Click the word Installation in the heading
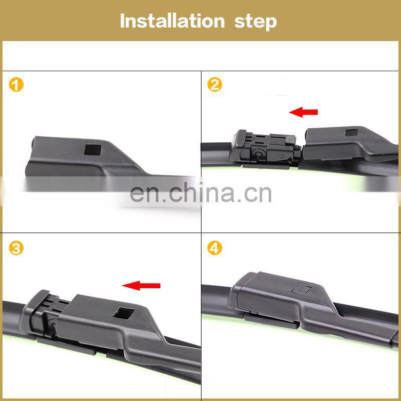(172, 21)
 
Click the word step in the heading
(256, 22)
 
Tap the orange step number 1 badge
(16, 85)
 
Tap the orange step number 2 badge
(215, 85)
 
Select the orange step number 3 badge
(16, 248)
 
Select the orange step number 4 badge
(215, 248)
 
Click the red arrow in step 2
(303, 112)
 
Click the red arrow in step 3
(141, 285)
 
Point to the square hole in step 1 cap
(93, 150)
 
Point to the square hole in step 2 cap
(351, 132)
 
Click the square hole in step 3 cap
(123, 313)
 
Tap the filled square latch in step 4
(302, 289)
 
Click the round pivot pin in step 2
(258, 153)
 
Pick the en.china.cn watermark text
(200, 193)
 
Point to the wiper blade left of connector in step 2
(217, 154)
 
